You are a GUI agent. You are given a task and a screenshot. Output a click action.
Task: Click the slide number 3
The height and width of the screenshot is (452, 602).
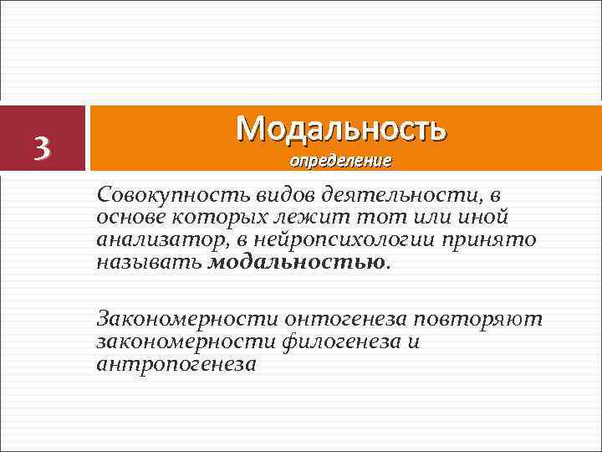coord(43,147)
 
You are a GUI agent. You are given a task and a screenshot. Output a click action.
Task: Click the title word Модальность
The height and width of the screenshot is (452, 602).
coord(341,128)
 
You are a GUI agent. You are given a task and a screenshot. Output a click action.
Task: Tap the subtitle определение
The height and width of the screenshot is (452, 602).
coord(340,159)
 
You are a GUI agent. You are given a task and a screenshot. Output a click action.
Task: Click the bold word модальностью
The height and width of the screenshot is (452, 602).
coord(296,262)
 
